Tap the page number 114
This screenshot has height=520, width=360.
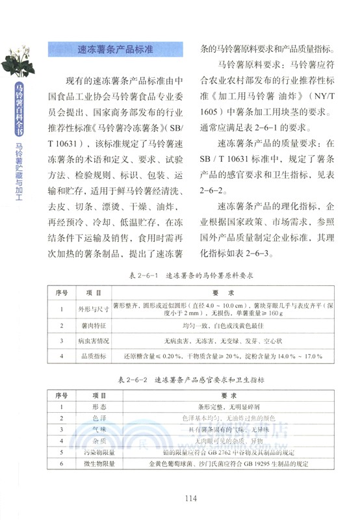(190, 499)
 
